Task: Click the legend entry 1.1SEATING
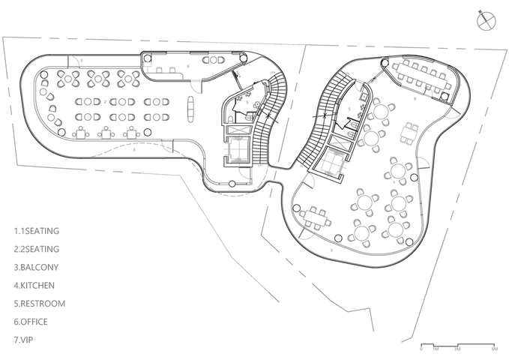tap(37, 230)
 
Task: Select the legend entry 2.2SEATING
tap(37, 248)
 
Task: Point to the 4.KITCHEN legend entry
tap(34, 285)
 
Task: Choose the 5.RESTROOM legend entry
tap(40, 304)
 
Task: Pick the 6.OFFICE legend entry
tap(32, 322)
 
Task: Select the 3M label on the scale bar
tap(457, 349)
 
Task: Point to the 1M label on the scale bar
tap(434, 349)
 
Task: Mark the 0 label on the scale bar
tap(421, 349)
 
